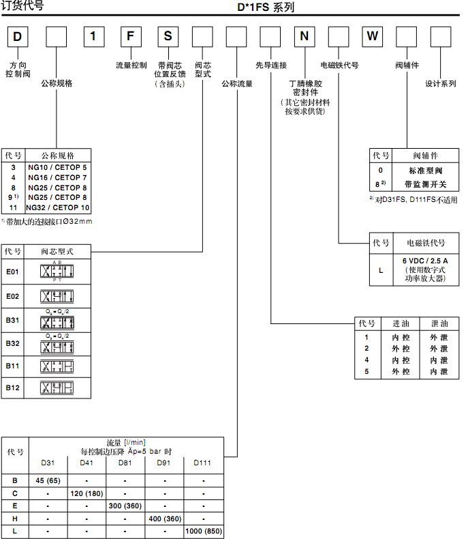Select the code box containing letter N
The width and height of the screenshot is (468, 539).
(304, 36)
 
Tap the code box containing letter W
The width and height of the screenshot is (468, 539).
(372, 36)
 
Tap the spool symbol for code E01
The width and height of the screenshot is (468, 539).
(58, 272)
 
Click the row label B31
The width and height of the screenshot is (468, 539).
(13, 320)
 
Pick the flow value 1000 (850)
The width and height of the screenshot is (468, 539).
(204, 531)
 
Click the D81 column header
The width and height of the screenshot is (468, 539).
(125, 463)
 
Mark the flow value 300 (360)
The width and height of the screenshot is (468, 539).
(125, 505)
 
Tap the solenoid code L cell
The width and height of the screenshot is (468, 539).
(381, 269)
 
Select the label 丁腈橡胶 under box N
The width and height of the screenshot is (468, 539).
(305, 83)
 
